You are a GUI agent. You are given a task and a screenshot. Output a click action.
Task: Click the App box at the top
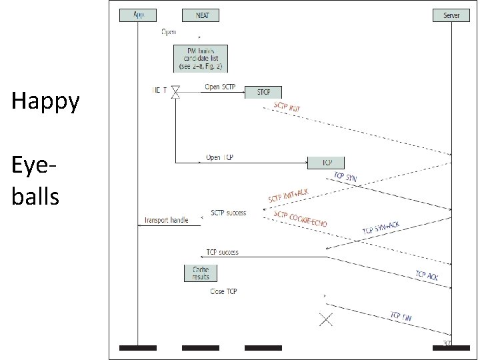coord(138,15)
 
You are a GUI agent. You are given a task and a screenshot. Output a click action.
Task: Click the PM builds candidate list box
coord(201,58)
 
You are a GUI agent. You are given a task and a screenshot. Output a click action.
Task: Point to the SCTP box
coord(263,93)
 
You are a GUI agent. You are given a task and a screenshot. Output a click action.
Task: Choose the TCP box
coord(326,163)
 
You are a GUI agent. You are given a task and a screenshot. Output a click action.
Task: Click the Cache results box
coord(201,273)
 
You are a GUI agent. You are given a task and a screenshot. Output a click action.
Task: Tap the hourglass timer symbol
coord(175,93)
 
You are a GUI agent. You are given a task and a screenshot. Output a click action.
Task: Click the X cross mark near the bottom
coord(325,319)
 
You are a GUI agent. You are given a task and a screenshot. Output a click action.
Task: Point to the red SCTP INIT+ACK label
coord(288,194)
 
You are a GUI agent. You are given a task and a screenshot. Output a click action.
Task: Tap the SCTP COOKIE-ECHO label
coord(300,219)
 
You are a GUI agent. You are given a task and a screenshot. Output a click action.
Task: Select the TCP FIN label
coord(401,318)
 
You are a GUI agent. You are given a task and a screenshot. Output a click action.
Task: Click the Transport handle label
coord(167,220)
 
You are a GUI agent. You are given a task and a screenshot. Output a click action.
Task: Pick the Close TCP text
coord(223,291)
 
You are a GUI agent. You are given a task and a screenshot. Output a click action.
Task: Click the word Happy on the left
coord(45,101)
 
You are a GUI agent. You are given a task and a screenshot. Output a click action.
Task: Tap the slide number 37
coord(447,343)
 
